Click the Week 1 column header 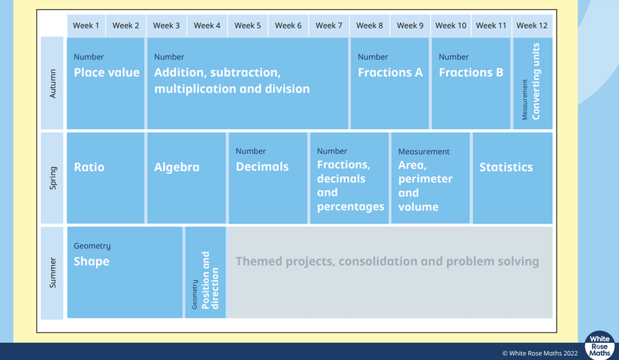(x=86, y=25)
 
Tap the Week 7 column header (x=328, y=25)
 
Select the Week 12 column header (x=532, y=25)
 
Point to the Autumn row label (x=52, y=83)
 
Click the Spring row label (x=52, y=178)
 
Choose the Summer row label (x=52, y=273)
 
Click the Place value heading (x=107, y=72)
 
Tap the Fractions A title (x=390, y=72)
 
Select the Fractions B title (x=471, y=72)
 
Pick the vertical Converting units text (x=536, y=81)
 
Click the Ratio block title (x=89, y=167)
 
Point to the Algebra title (x=176, y=168)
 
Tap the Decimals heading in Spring (x=262, y=167)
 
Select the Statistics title (x=506, y=167)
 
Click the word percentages (x=351, y=207)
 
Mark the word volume (x=418, y=207)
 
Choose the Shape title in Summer (x=91, y=261)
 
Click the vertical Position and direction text (x=210, y=280)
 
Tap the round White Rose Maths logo (x=599, y=345)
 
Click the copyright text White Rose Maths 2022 (x=540, y=354)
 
